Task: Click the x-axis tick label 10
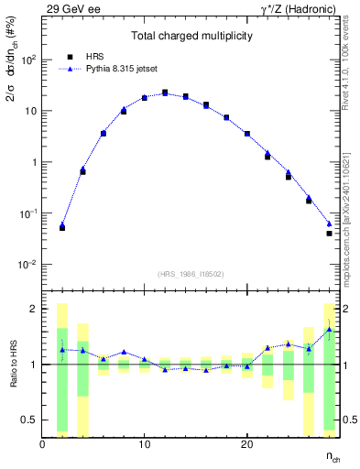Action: click(144, 445)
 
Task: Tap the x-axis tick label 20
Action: click(246, 445)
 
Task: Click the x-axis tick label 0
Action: click(42, 445)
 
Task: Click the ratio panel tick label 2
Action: click(33, 309)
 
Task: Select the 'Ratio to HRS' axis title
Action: click(13, 365)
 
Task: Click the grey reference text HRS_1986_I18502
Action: click(191, 274)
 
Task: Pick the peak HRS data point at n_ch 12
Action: click(165, 93)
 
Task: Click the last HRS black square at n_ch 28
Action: click(329, 234)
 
